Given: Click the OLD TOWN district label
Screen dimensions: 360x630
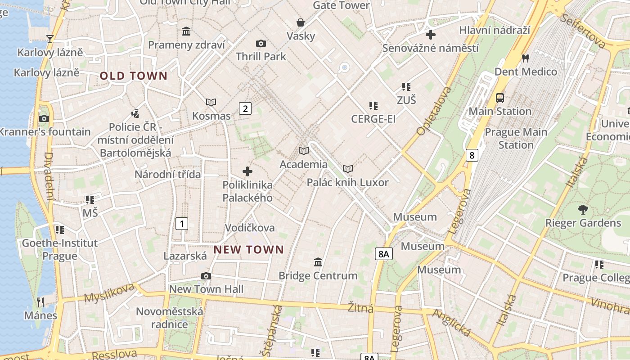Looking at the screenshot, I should coord(134,76).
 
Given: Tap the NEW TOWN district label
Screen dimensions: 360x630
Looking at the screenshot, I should coord(249,250).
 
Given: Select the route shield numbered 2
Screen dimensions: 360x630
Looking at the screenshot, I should coord(245,108).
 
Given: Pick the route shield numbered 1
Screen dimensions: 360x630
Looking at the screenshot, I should coord(182,223).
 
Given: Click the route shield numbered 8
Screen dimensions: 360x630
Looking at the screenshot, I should coord(472,155).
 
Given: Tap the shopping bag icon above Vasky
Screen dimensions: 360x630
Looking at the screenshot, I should coord(300,22).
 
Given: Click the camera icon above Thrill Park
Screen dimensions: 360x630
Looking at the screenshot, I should coord(261,43).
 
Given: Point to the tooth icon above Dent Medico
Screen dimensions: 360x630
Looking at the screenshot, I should coord(525,58).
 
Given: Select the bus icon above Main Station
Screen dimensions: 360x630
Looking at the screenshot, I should coord(499,98).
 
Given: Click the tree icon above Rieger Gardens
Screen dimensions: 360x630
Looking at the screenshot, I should coord(583,209).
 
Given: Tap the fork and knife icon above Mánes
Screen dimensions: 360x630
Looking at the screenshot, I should coord(40,301).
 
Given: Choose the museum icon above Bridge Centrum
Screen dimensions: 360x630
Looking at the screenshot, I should coord(318,262).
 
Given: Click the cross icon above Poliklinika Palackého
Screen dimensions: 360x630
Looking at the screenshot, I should coord(247,171).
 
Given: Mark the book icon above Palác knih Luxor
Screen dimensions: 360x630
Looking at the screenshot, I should coord(347,169).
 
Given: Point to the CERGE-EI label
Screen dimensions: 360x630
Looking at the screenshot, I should coord(373,119).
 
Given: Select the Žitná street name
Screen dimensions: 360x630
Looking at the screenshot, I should coord(360,308).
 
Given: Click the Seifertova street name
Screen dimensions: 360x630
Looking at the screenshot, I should coord(584,31).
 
